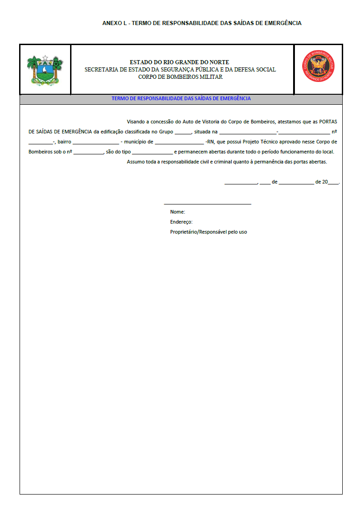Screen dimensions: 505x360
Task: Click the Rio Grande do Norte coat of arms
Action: pos(45,70)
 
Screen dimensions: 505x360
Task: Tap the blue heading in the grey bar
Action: pos(181,98)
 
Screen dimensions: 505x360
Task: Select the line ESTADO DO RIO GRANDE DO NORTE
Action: pos(179,62)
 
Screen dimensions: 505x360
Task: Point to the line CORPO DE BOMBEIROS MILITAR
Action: pos(180,77)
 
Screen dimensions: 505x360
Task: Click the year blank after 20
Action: pos(334,183)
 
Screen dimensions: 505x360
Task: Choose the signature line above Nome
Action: pos(208,204)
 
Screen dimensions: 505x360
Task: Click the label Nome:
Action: pos(177,212)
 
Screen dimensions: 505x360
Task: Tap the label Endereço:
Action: pos(181,222)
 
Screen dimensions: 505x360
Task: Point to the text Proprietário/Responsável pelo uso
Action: pos(208,232)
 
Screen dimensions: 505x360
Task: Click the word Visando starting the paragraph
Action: pos(137,122)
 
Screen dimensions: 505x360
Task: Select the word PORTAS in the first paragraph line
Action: pos(328,122)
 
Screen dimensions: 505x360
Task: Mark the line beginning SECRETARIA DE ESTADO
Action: pos(180,70)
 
